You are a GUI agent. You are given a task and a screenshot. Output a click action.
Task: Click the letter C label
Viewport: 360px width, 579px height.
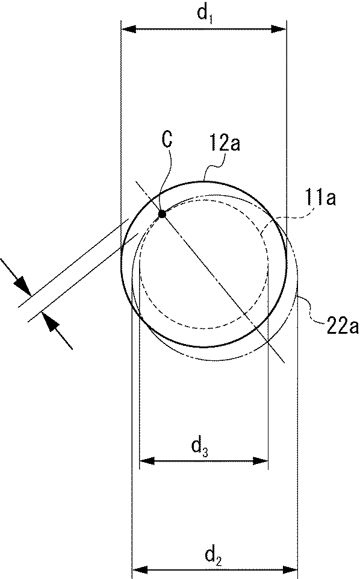(x=167, y=140)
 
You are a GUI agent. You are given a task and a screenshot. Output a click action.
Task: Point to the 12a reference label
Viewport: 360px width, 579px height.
(x=225, y=143)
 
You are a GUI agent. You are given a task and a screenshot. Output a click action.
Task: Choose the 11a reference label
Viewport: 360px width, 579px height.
(x=320, y=199)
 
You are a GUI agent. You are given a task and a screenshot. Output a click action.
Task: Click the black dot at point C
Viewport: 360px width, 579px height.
(x=161, y=214)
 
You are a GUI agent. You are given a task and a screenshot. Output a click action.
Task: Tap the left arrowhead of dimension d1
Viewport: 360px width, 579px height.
(x=129, y=29)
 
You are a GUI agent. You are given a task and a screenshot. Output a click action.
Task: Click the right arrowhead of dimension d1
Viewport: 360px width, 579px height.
(x=279, y=29)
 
